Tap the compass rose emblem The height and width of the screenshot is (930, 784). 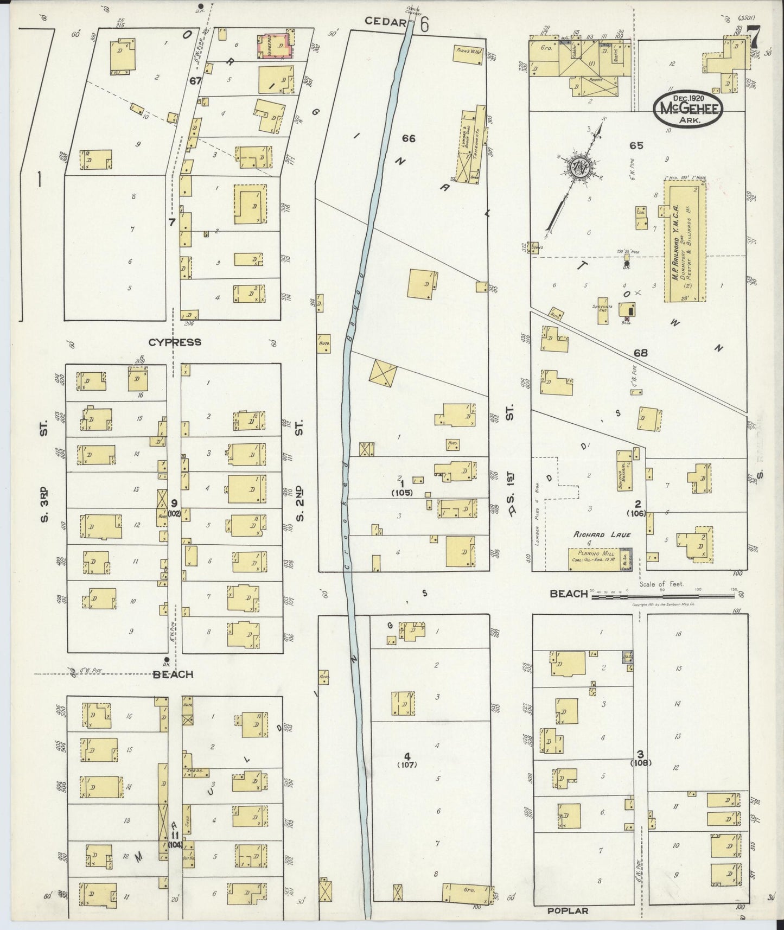580,168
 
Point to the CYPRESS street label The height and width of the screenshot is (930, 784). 175,342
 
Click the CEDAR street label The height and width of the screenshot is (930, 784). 386,22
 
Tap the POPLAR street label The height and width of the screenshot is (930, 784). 568,910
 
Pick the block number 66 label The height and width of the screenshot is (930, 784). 409,139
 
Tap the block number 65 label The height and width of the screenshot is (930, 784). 636,145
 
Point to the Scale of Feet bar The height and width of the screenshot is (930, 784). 663,596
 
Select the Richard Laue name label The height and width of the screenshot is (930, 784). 602,535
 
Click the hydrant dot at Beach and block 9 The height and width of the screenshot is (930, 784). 165,660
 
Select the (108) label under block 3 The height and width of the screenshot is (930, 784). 640,763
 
